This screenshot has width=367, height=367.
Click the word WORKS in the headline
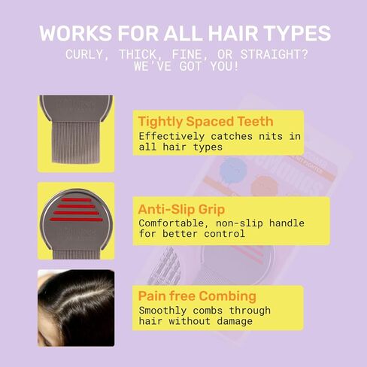(75, 33)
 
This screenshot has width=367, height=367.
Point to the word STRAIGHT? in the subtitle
(274, 54)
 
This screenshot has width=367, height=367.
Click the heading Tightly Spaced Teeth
(205, 121)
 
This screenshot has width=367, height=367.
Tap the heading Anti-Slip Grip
(181, 209)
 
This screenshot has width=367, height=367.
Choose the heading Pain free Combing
(197, 296)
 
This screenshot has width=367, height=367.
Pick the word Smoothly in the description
(162, 311)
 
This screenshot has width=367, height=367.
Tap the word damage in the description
(235, 321)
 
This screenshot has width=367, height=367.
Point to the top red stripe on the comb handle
(77, 200)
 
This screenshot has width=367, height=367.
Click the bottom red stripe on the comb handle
(76, 220)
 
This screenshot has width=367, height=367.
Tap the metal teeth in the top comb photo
(76, 142)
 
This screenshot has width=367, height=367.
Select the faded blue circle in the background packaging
(233, 170)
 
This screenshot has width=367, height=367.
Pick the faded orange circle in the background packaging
(264, 186)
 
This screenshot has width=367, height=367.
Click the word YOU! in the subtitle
(224, 66)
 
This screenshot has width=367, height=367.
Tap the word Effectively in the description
(171, 136)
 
